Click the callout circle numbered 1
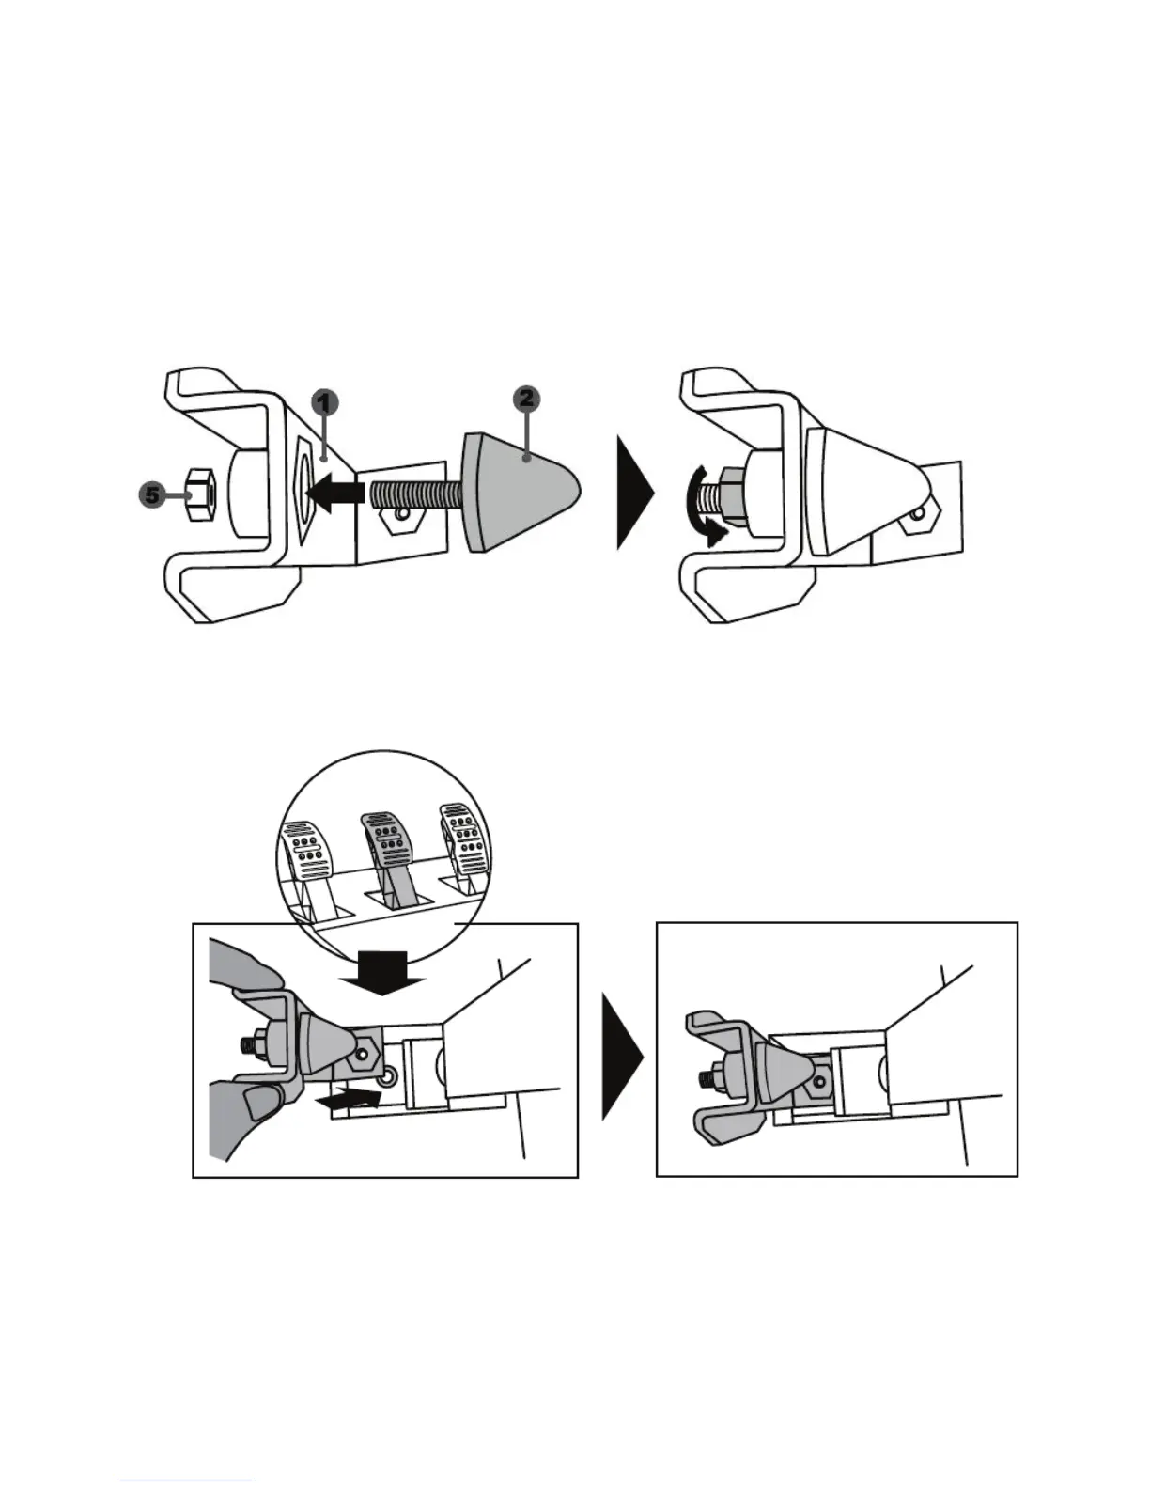[322, 404]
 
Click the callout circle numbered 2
[526, 400]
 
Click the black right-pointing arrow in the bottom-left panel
[350, 1096]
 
